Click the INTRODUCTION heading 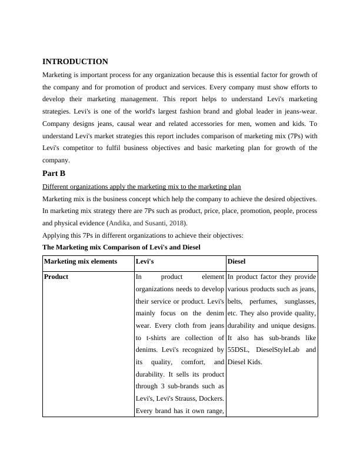pyautogui.click(x=75, y=62)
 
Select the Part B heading pyautogui.click(x=54, y=174)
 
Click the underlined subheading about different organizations pyautogui.click(x=142, y=187)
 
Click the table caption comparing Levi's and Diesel pyautogui.click(x=121, y=248)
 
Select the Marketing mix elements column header pyautogui.click(x=81, y=262)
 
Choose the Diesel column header pyautogui.click(x=236, y=262)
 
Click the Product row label pyautogui.click(x=56, y=277)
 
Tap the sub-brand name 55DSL pyautogui.click(x=239, y=350)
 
